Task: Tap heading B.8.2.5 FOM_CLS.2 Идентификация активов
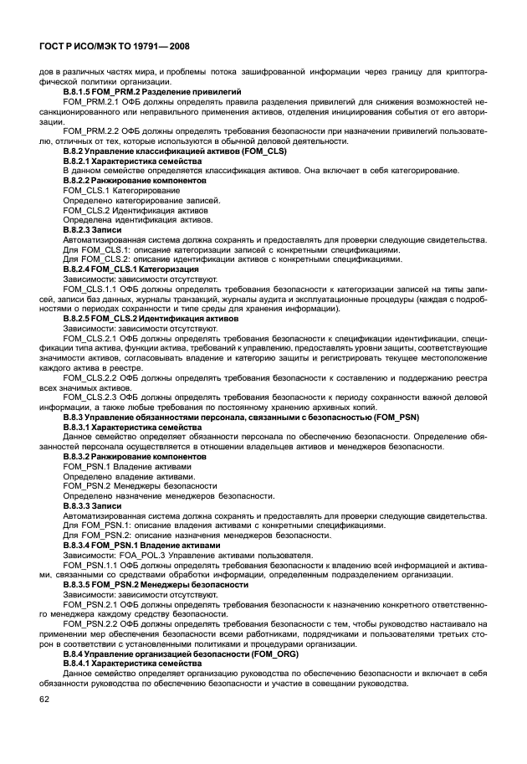pyautogui.click(x=151, y=319)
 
